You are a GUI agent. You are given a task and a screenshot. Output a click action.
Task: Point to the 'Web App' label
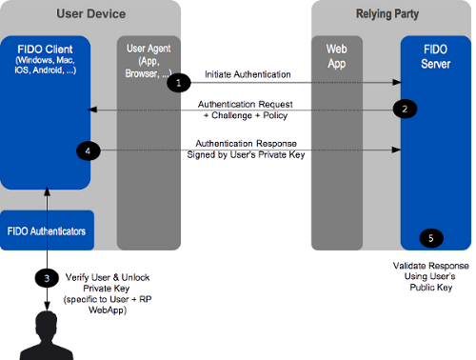tap(336, 53)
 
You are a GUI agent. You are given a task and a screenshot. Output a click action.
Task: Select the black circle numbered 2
tap(405, 109)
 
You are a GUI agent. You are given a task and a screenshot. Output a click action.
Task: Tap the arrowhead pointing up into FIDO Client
tap(46, 194)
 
